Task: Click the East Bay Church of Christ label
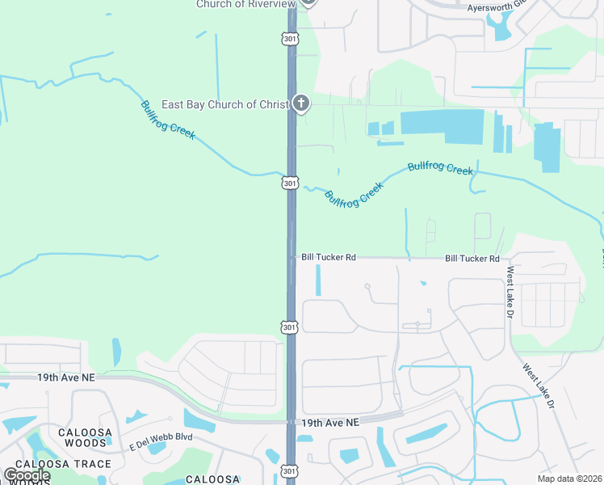pyautogui.click(x=224, y=104)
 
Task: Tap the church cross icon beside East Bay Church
pyautogui.click(x=300, y=103)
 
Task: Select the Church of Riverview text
pyautogui.click(x=245, y=4)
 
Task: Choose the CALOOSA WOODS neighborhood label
pyautogui.click(x=85, y=437)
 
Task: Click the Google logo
pyautogui.click(x=27, y=475)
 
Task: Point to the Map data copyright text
pyautogui.click(x=569, y=479)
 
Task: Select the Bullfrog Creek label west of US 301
pyautogui.click(x=168, y=120)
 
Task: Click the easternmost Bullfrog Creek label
pyautogui.click(x=440, y=168)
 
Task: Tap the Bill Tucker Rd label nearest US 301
pyautogui.click(x=328, y=257)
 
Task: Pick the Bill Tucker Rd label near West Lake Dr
pyautogui.click(x=472, y=259)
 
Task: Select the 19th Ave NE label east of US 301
pyautogui.click(x=330, y=423)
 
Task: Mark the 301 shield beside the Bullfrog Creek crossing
pyautogui.click(x=291, y=183)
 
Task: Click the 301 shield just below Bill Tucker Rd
pyautogui.click(x=291, y=327)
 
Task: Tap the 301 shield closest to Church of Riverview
pyautogui.click(x=291, y=38)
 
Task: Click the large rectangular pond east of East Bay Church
pyautogui.click(x=442, y=127)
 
